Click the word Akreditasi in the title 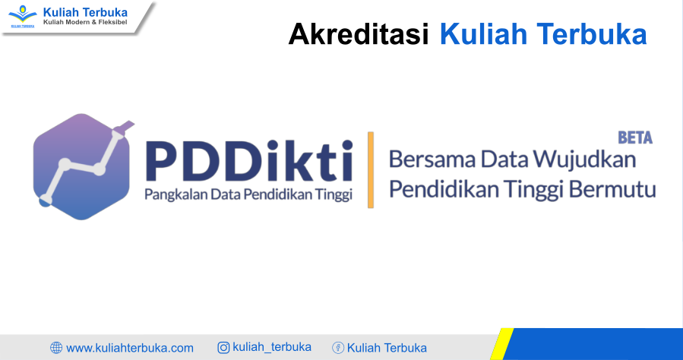click(x=359, y=34)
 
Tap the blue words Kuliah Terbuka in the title click(x=543, y=34)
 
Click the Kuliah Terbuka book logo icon click(x=23, y=16)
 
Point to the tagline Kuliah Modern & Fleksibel click(x=85, y=22)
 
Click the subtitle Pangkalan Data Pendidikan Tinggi click(x=248, y=194)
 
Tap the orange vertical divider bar click(x=371, y=170)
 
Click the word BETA click(x=635, y=137)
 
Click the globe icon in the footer click(x=56, y=348)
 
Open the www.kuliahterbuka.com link click(x=130, y=349)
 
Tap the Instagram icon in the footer click(x=223, y=347)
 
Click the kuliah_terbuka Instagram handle click(x=272, y=347)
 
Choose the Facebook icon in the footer click(x=338, y=348)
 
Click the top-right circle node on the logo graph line click(x=116, y=134)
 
